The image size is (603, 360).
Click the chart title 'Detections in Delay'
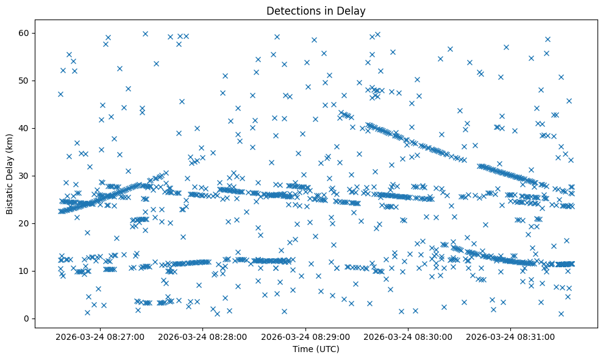click(x=316, y=10)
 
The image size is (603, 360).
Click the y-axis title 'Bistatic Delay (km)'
click(x=10, y=174)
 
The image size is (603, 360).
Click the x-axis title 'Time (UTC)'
click(x=316, y=350)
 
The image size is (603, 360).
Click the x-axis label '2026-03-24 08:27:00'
click(x=100, y=336)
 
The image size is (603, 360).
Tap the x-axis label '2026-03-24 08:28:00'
click(x=203, y=336)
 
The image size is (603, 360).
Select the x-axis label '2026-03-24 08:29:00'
click(x=306, y=336)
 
